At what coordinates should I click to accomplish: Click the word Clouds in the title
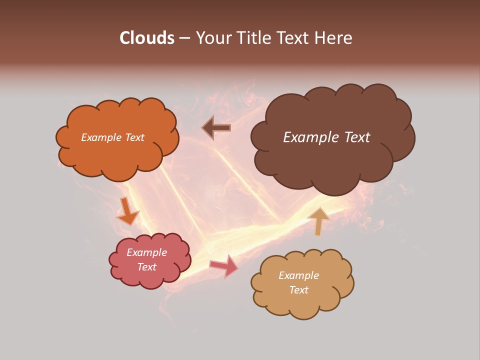point(147,38)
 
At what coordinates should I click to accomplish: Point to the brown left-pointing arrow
point(216,128)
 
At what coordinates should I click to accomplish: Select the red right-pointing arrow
point(224,266)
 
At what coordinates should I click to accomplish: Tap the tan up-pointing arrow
point(318,220)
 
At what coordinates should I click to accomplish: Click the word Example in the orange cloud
point(101,137)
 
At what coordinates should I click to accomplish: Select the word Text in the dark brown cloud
point(356,137)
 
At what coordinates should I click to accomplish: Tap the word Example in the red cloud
point(147,252)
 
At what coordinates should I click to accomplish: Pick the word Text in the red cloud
point(147,267)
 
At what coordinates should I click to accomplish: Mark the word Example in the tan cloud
point(298,275)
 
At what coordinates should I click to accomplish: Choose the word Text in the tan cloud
point(298,290)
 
